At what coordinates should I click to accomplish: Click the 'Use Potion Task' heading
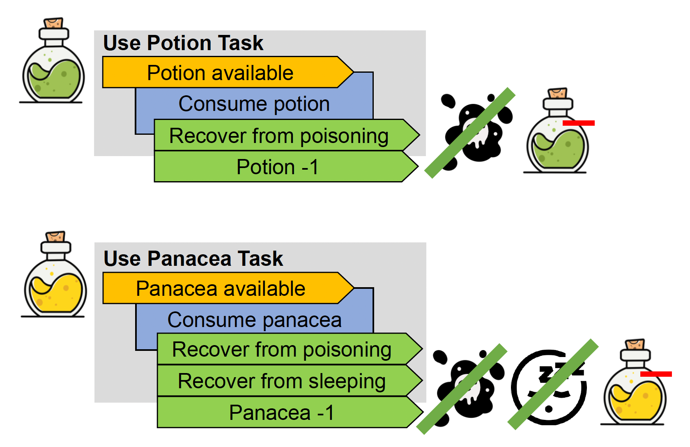tap(183, 43)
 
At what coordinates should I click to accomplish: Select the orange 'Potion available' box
tap(221, 73)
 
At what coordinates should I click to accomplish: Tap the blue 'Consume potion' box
tap(254, 104)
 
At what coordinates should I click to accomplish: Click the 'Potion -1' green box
tap(278, 167)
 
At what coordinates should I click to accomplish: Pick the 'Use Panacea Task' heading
tap(193, 259)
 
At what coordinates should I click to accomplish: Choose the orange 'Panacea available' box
tap(221, 288)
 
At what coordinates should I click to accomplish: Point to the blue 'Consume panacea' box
tap(255, 320)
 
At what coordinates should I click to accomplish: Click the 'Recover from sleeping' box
tap(282, 381)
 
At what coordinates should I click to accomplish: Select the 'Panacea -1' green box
tap(282, 412)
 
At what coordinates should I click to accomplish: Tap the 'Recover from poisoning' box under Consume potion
tap(279, 136)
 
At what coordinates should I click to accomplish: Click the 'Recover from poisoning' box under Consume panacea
tap(282, 350)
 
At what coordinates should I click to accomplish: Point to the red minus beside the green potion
tap(578, 123)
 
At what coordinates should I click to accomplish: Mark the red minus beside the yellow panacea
tap(656, 374)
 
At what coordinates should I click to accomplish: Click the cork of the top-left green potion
tap(53, 23)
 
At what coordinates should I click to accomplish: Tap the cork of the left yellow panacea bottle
tap(55, 237)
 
